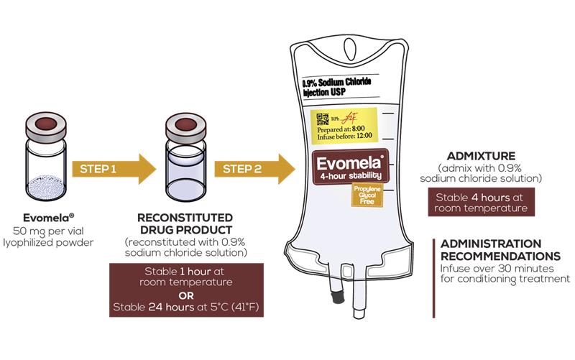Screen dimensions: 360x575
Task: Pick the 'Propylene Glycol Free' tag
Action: (364, 194)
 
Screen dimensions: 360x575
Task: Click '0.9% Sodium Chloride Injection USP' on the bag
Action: (336, 87)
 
